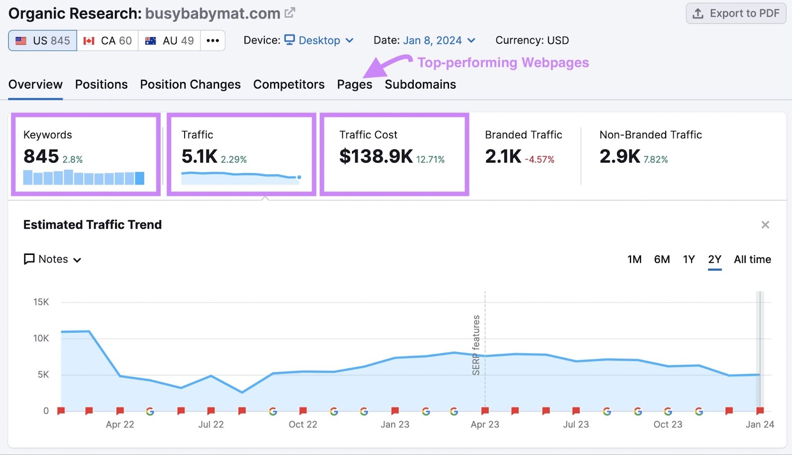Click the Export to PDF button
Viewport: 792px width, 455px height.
pos(736,13)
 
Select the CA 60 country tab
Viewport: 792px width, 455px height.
pos(107,41)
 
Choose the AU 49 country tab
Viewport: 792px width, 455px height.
pos(169,41)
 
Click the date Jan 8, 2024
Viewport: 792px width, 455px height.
pos(432,41)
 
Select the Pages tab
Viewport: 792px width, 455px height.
pos(354,85)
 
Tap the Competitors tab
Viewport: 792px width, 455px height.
pos(289,85)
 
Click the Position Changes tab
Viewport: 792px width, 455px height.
pos(190,85)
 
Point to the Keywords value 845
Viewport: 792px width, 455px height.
pos(41,156)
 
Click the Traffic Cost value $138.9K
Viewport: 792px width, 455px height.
pos(376,156)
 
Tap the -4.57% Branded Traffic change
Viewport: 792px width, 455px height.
pos(540,159)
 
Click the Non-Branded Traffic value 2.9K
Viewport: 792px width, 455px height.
pos(619,156)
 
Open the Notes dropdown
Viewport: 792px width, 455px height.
pos(52,259)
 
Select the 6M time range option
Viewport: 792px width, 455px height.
pos(662,259)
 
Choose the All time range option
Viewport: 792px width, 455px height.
pos(752,259)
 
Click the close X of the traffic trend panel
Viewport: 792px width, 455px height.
pos(765,225)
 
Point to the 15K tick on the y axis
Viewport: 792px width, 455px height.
pos(41,302)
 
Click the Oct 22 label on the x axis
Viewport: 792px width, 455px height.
pos(303,424)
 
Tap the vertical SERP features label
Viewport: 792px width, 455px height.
pos(476,345)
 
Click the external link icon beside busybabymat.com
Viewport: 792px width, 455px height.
pos(290,13)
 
